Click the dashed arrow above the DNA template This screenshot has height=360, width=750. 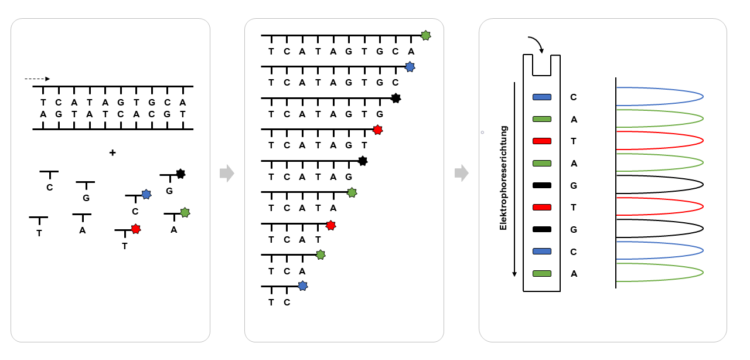tap(37, 79)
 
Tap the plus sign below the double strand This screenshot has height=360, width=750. tap(112, 152)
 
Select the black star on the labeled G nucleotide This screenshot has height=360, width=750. tap(180, 174)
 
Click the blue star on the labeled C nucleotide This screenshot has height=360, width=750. tap(146, 194)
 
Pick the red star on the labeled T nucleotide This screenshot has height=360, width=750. tap(136, 229)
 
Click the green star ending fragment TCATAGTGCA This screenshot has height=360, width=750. tap(426, 35)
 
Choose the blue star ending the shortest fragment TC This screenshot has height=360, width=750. tap(302, 286)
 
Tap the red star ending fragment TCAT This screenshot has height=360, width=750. tap(330, 225)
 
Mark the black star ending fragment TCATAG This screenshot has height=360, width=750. tap(363, 161)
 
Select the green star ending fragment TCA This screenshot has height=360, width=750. tap(320, 254)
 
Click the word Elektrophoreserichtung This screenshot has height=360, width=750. tap(503, 178)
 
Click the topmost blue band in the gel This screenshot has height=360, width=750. tap(542, 97)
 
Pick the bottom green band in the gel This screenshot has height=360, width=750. tap(542, 273)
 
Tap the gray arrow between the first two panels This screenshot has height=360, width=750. tap(227, 173)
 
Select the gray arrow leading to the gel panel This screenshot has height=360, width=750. tap(462, 173)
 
